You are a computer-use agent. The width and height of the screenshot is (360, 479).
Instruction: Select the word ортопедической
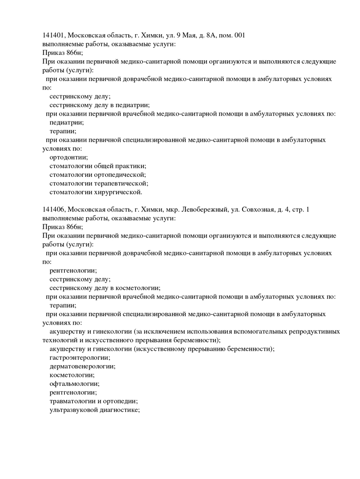(x=120, y=175)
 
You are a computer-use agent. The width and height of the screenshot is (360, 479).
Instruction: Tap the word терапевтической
(x=121, y=184)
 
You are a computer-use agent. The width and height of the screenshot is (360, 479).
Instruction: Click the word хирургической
(x=119, y=192)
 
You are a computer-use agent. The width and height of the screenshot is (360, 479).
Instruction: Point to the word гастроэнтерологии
(x=80, y=358)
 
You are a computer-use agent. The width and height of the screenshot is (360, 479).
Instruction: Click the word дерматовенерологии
(x=82, y=366)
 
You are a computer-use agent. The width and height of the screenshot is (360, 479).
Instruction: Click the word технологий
(x=60, y=340)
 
